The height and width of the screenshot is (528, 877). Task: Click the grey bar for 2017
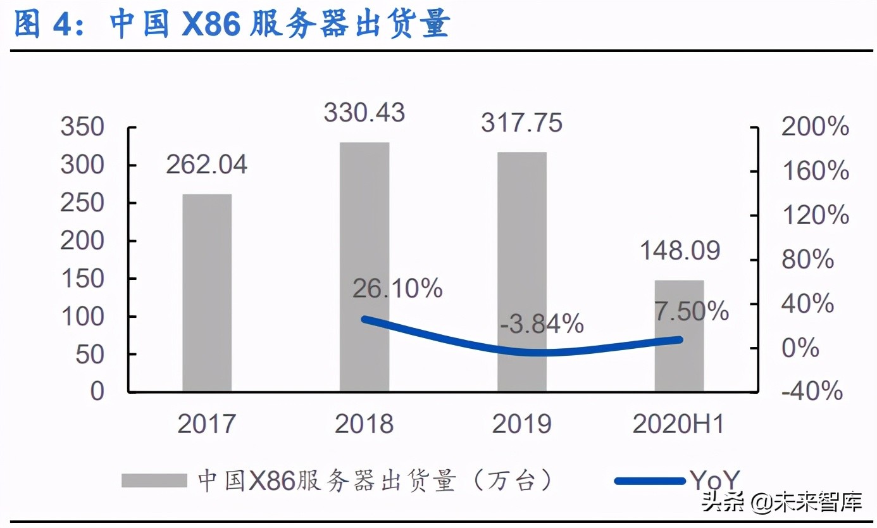(207, 292)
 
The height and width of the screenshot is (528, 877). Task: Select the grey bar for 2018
(364, 267)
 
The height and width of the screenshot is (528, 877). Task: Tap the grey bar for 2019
(521, 272)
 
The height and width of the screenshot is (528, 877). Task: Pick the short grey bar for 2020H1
(679, 336)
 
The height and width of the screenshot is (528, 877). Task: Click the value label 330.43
(364, 113)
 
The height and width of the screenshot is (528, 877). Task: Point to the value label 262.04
(207, 165)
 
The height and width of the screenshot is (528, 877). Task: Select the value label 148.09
(680, 251)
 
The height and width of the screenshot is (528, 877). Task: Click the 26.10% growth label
(397, 289)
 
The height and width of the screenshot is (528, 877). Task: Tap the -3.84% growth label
(542, 325)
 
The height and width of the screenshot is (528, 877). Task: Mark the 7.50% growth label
(692, 311)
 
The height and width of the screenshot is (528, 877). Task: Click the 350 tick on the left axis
(82, 127)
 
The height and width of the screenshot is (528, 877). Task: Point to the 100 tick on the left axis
(82, 317)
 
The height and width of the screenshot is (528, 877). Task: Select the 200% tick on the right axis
(815, 127)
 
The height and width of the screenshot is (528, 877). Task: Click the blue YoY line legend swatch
(649, 481)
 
